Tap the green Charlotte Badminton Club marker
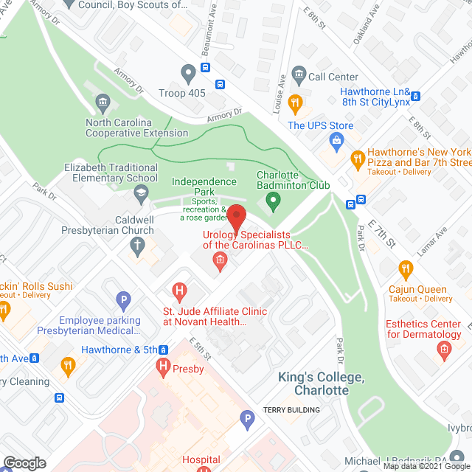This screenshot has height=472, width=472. point(273,199)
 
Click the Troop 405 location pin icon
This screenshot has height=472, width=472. point(188,74)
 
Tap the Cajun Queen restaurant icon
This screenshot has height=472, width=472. point(405,269)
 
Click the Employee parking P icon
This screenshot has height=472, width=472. point(124,300)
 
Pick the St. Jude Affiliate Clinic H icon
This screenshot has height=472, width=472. point(177,292)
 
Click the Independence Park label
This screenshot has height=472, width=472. point(204,182)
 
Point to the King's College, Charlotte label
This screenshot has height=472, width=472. point(321,383)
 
